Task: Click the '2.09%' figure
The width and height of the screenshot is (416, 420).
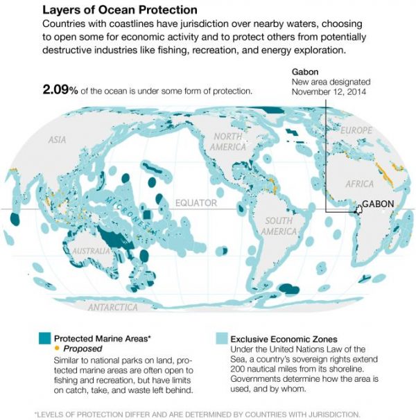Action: [x=61, y=91]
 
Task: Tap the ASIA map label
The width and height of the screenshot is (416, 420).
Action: [x=58, y=140]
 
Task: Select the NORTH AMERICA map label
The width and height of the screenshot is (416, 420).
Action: [x=229, y=141]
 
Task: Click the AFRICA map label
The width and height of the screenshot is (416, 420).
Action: [x=359, y=184]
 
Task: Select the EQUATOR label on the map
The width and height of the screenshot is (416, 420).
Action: [x=196, y=203]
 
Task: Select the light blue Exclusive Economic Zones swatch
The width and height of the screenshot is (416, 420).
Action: [x=222, y=339]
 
